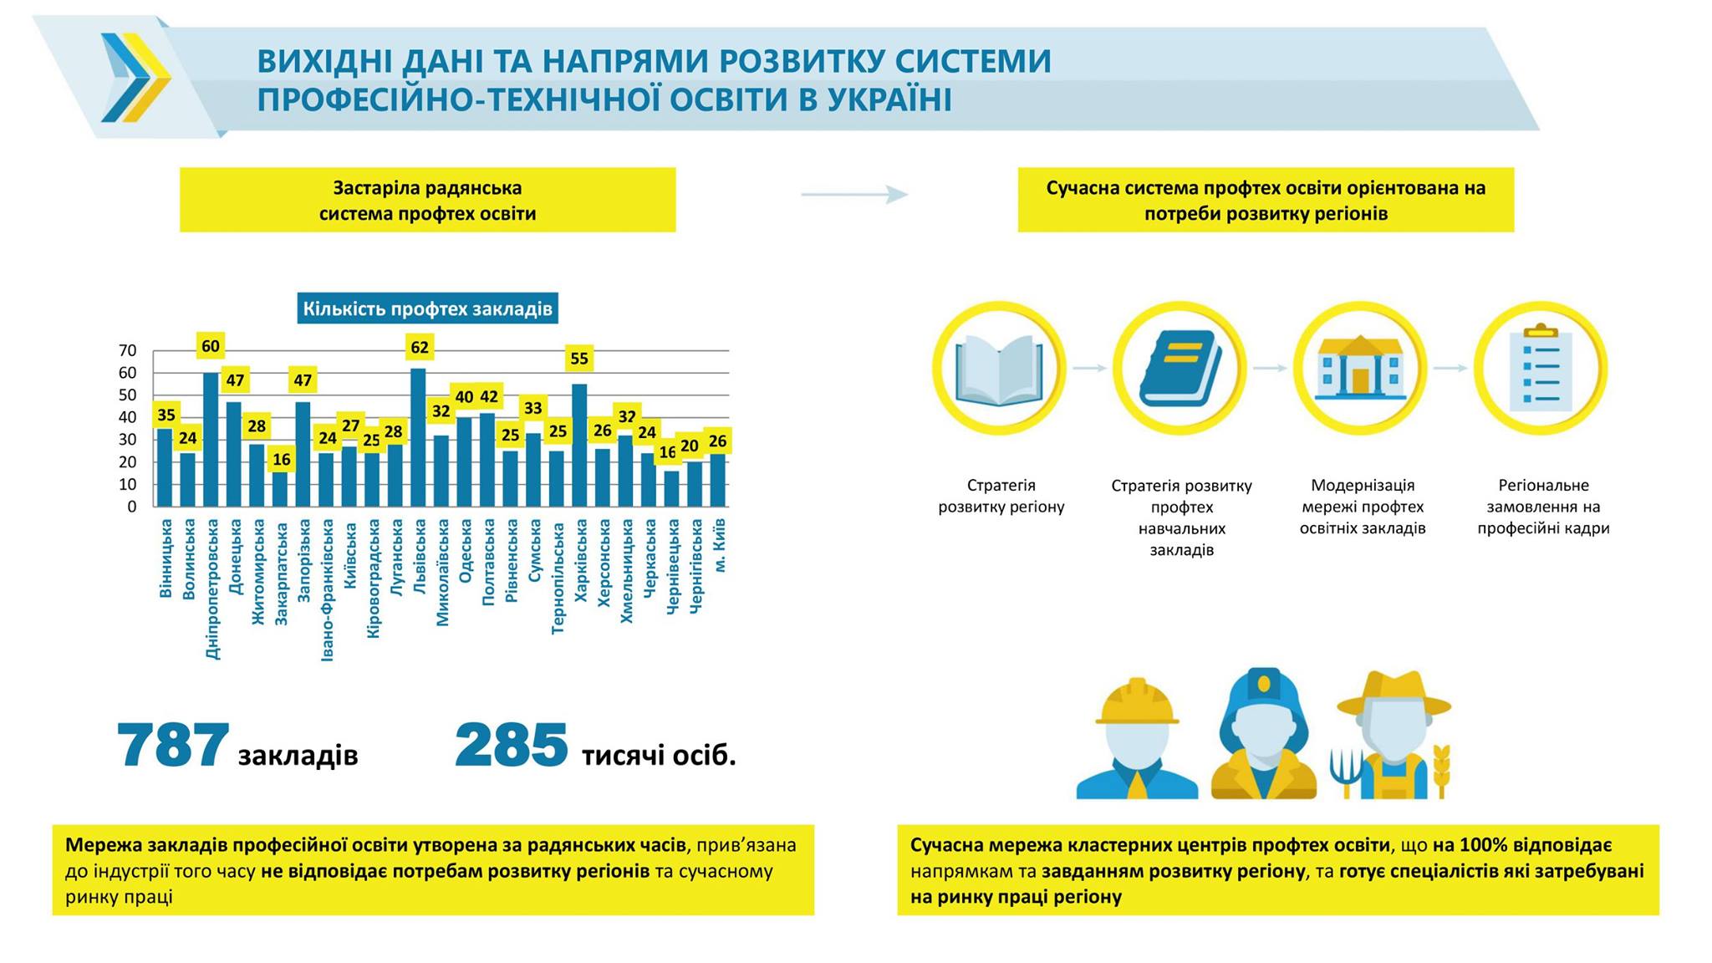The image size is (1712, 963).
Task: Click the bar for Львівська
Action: pyautogui.click(x=418, y=438)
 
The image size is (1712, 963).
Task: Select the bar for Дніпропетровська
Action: pyautogui.click(x=211, y=440)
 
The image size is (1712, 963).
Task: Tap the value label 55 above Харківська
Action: pyautogui.click(x=579, y=359)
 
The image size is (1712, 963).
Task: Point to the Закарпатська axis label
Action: pyautogui.click(x=282, y=573)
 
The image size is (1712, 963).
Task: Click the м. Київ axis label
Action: pyautogui.click(x=720, y=545)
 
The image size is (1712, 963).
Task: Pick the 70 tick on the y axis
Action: pyautogui.click(x=128, y=350)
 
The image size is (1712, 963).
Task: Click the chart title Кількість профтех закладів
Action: pyautogui.click(x=427, y=309)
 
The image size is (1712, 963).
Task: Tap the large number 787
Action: pyautogui.click(x=173, y=746)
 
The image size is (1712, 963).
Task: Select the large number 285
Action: pyautogui.click(x=511, y=746)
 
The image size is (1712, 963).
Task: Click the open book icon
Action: pyautogui.click(x=1000, y=369)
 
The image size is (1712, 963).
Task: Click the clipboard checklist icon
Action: pyautogui.click(x=1541, y=369)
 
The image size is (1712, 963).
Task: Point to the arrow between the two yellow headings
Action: pyautogui.click(x=854, y=195)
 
